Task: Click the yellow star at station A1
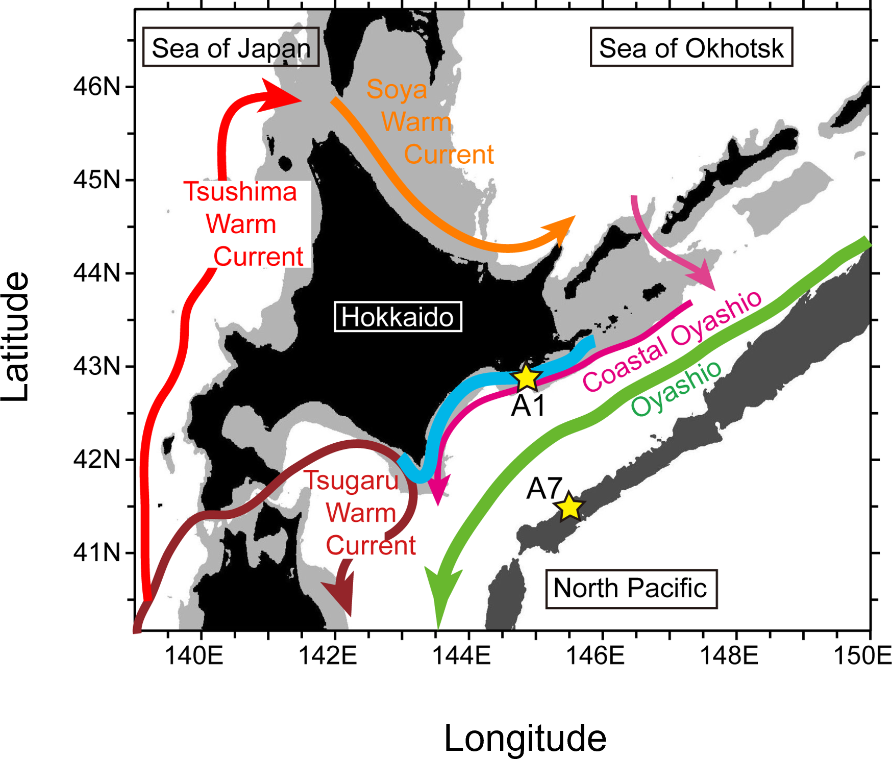pos(527,378)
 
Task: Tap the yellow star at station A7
pos(569,507)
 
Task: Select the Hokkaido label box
pos(398,317)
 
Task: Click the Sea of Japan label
pos(231,47)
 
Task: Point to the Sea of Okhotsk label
pos(691,47)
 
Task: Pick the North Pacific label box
pos(631,588)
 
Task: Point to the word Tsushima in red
pos(240,192)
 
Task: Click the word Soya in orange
pos(397,89)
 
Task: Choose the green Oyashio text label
pos(676,388)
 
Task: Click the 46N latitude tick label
pos(96,87)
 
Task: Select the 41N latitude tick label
pos(96,552)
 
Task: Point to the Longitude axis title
pos(525,738)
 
